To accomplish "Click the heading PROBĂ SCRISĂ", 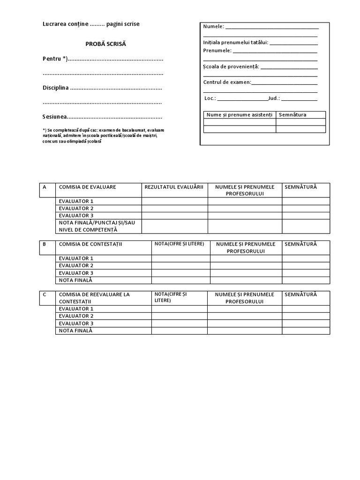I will pyautogui.click(x=105, y=44).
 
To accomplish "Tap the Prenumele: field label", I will pyautogui.click(x=217, y=50).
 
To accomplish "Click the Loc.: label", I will pyautogui.click(x=210, y=98).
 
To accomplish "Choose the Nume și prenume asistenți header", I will pyautogui.click(x=239, y=115).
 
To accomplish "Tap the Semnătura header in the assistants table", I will pyautogui.click(x=292, y=115).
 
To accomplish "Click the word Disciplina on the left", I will pyautogui.click(x=55, y=88).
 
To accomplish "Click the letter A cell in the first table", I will pyautogui.click(x=45, y=187).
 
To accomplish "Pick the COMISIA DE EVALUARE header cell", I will pyautogui.click(x=87, y=187).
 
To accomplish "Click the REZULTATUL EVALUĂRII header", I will pyautogui.click(x=174, y=187).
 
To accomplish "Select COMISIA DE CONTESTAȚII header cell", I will pyautogui.click(x=90, y=244).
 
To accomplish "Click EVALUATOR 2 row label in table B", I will pyautogui.click(x=76, y=266).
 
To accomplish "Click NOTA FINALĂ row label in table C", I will pyautogui.click(x=76, y=330).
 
